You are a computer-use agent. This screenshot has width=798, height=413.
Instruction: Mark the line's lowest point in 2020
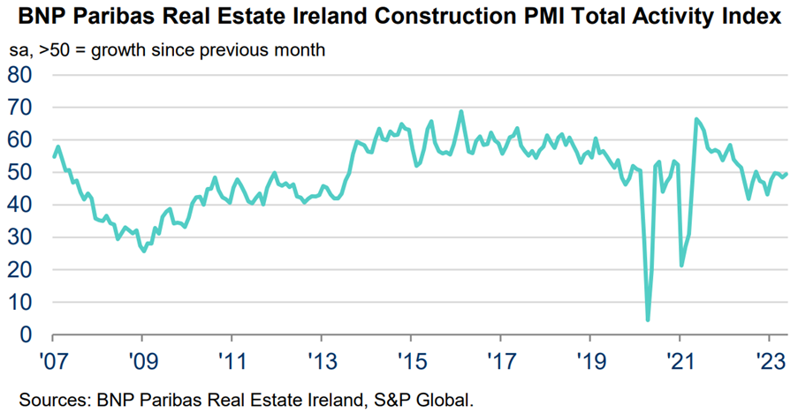(648, 319)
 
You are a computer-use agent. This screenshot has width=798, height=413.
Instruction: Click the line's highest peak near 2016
(460, 112)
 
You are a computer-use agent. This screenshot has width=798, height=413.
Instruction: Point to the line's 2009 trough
(143, 252)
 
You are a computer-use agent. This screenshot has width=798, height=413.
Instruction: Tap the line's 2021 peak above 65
(696, 119)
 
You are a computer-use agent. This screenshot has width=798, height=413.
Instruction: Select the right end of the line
(787, 173)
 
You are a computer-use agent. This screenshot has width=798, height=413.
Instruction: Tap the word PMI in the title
(513, 16)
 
